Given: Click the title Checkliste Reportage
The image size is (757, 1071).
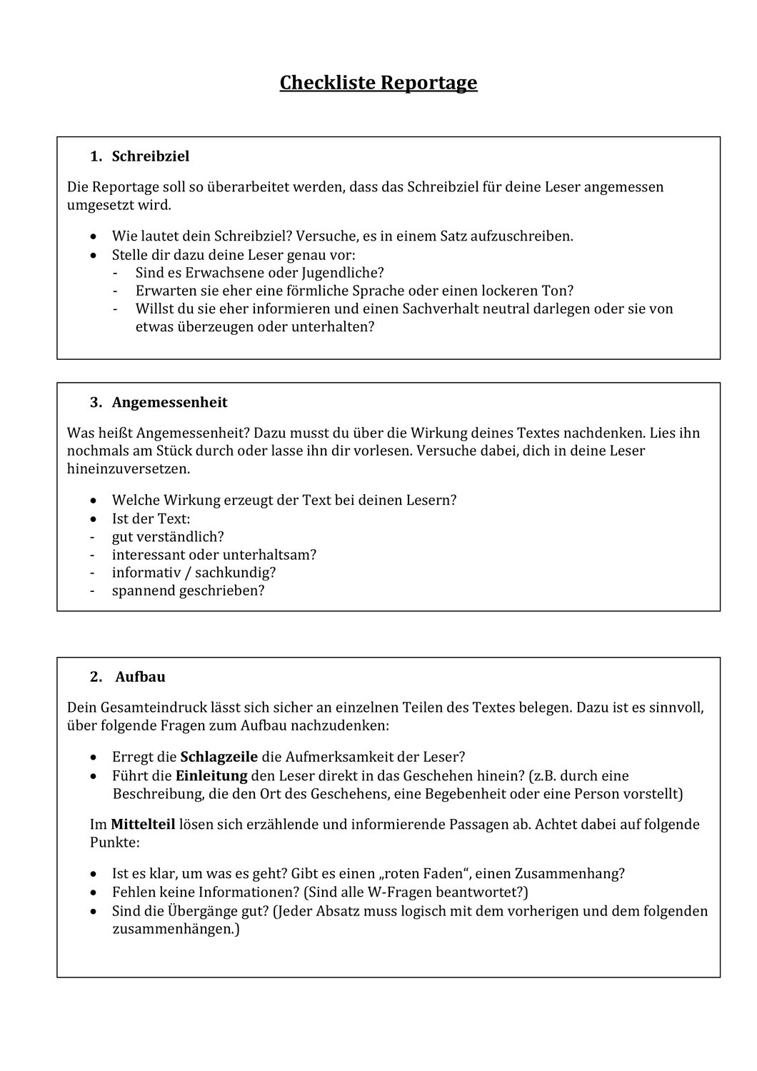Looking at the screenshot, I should (378, 83).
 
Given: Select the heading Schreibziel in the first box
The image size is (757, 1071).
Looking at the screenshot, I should (151, 156).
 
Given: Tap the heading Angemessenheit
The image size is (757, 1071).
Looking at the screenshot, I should (169, 403).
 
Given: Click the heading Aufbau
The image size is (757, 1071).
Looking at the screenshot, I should (140, 677).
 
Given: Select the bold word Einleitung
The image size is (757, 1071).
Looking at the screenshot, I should (211, 775).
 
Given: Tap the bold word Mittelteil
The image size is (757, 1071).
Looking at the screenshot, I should (143, 825).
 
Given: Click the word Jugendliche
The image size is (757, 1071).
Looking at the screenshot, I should (344, 273).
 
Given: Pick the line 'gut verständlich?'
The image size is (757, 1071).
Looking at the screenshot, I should (168, 537).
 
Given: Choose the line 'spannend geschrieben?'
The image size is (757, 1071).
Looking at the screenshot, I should (188, 591).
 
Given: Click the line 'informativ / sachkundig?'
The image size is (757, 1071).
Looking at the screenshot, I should (194, 573).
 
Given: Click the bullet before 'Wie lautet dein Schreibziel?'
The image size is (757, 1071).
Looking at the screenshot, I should (95, 236).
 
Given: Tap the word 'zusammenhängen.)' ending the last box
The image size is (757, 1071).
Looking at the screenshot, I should (176, 930).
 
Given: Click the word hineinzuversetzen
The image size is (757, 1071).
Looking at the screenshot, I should (129, 469).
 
